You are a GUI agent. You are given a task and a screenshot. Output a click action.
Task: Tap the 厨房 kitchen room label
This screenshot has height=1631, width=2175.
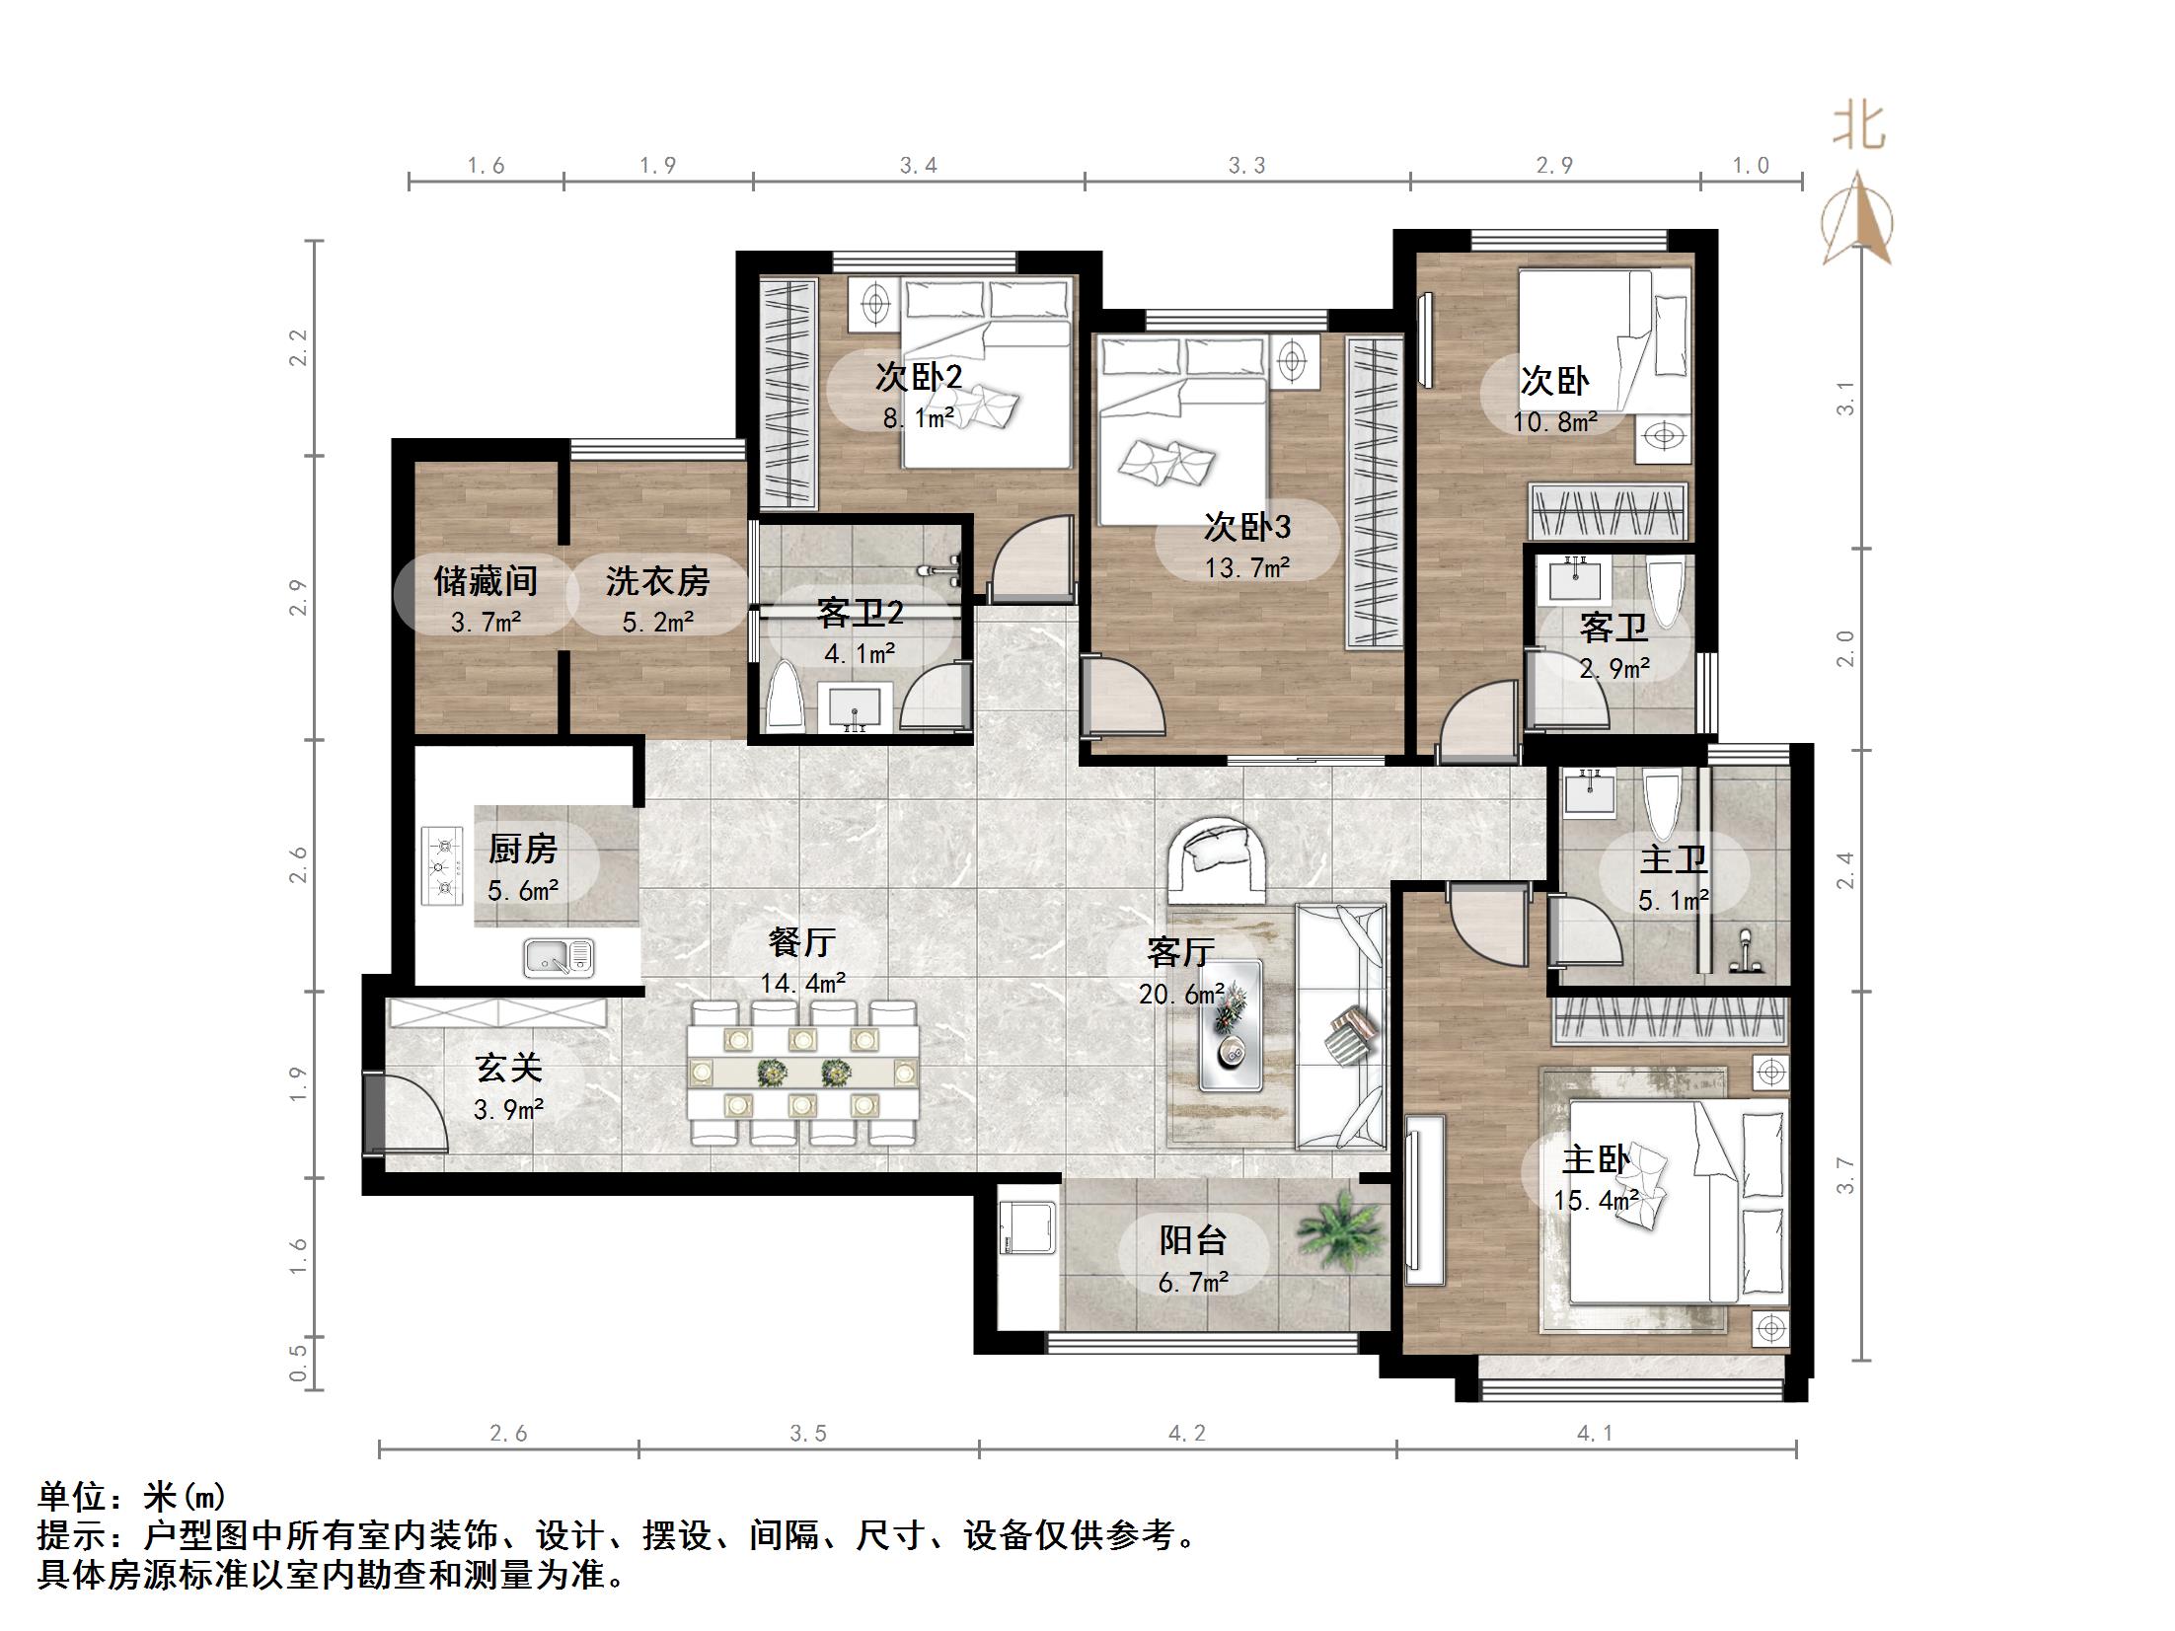(523, 849)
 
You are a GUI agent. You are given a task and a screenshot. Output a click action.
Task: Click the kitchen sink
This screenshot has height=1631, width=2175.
(559, 957)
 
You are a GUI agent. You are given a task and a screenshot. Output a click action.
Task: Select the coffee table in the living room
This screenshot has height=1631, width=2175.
(1230, 1025)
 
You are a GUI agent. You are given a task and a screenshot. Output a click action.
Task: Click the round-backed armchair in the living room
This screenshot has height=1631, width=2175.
(1218, 858)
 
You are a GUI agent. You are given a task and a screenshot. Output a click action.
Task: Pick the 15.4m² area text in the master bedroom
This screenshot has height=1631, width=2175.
(1596, 1201)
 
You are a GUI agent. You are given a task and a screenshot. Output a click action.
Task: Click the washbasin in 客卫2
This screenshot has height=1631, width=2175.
(854, 709)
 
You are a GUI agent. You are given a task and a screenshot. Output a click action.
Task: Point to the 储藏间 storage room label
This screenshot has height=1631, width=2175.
(486, 580)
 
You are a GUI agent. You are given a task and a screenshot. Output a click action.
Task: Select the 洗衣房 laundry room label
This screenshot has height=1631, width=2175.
(657, 580)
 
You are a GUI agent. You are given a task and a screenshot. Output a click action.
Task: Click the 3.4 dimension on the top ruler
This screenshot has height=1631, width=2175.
(918, 166)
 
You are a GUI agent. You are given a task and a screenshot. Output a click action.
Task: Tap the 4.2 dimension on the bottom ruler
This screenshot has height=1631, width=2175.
(1187, 1433)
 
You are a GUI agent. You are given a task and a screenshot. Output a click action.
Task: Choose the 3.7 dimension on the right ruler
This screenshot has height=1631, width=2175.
(1845, 1175)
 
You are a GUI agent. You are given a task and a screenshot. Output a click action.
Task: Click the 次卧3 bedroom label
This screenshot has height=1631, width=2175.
(1247, 527)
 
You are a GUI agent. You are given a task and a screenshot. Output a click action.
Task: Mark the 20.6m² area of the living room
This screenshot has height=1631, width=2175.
(1182, 994)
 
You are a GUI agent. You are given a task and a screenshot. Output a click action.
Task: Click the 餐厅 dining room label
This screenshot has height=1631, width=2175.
(801, 942)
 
